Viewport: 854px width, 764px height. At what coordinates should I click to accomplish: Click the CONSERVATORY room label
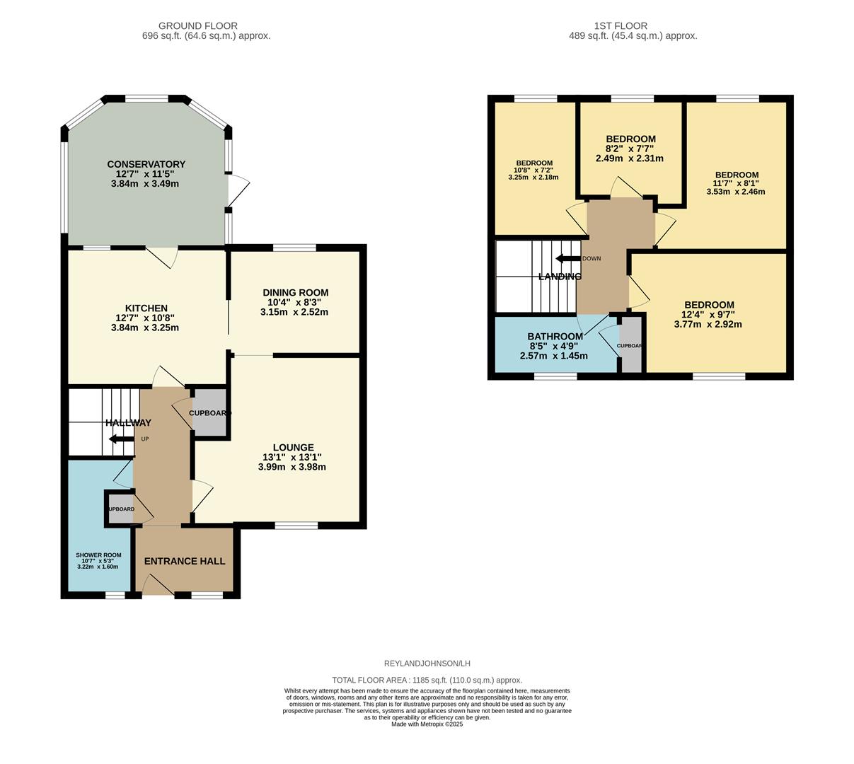tap(146, 164)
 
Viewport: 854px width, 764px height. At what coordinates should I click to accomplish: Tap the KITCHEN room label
tap(146, 308)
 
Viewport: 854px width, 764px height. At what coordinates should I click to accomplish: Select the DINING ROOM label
tap(295, 292)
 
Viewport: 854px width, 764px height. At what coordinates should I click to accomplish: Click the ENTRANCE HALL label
tap(185, 561)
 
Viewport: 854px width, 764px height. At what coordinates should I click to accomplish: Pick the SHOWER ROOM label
tap(98, 555)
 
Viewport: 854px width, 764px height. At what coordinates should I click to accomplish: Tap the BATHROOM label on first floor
tap(555, 336)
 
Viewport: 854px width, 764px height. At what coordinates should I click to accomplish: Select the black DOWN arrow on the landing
tap(567, 258)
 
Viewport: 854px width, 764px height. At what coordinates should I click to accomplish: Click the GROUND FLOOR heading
tap(197, 26)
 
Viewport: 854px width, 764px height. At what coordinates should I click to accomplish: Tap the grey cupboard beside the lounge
tap(210, 413)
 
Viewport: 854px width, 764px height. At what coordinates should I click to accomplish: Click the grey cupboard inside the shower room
tap(120, 509)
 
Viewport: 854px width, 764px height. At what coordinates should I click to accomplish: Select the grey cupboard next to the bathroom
tap(630, 346)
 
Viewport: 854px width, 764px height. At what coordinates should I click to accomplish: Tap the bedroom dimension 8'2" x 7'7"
tap(630, 149)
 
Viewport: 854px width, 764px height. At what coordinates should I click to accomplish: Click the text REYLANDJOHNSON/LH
tap(427, 664)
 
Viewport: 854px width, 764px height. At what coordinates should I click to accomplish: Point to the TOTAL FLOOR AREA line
tap(427, 680)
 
